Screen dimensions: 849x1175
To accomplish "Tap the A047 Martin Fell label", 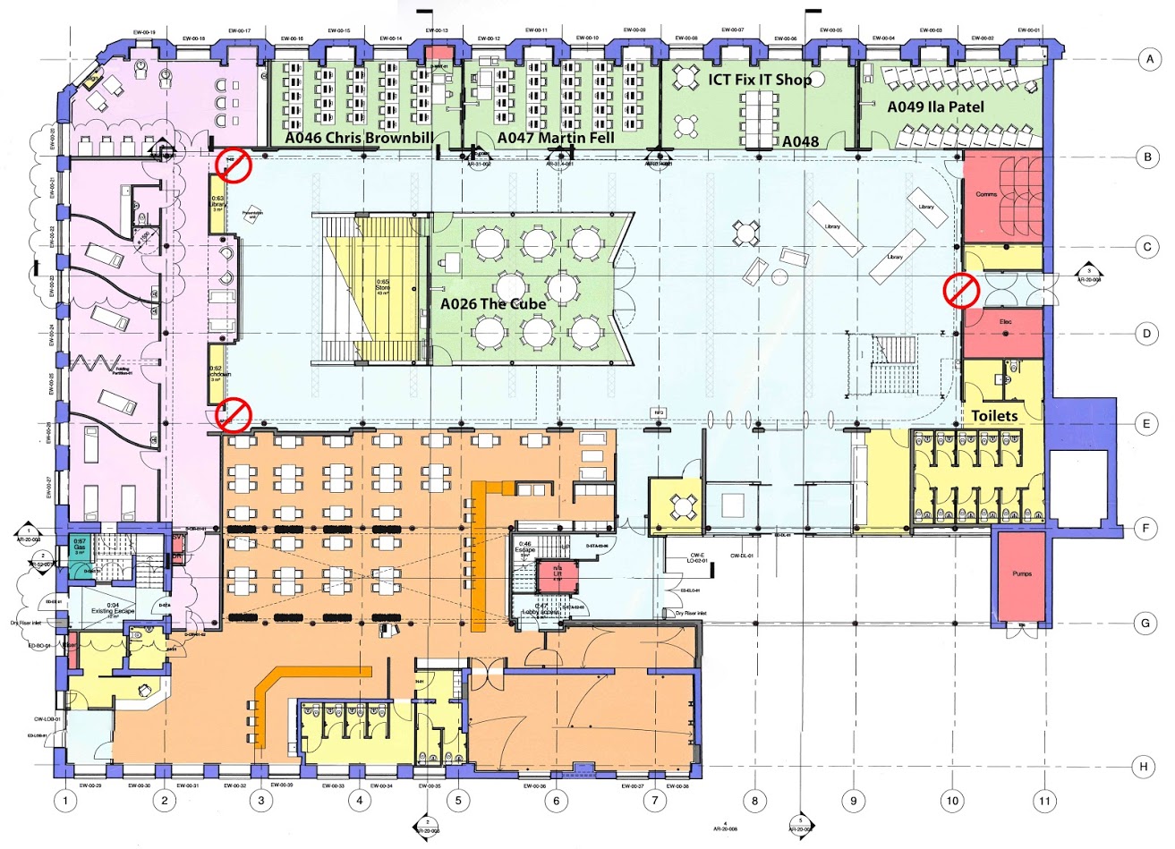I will point(549,138).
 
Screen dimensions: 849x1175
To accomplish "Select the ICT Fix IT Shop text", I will point(760,80).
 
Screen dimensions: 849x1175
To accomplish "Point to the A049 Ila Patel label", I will point(935,106).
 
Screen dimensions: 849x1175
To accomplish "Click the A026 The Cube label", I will point(493,302).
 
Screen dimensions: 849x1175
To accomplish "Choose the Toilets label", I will point(994,415).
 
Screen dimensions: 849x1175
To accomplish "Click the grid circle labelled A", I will point(1145,60).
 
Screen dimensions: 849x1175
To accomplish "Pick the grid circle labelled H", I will point(1143,767).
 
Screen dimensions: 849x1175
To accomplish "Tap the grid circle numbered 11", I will point(1043,800).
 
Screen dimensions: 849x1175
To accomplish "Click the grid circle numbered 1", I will point(63,800).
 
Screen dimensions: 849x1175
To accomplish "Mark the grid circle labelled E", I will point(1145,423).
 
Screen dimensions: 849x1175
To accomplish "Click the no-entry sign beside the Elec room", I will point(962,291).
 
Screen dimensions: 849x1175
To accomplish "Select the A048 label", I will point(800,141).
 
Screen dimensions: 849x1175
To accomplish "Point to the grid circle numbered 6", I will point(556,800).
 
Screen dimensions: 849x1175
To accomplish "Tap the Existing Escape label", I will point(112,611).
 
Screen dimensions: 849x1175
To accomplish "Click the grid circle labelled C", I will point(1145,246).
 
